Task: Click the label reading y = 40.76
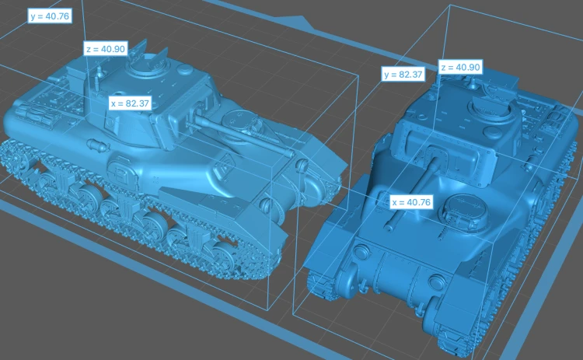tap(50, 16)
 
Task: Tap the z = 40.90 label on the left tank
tap(106, 49)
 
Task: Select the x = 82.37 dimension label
tap(130, 103)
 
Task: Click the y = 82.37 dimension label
tap(403, 75)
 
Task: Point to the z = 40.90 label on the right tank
tap(460, 67)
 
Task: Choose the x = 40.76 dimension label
tap(411, 202)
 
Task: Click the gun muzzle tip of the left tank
tap(291, 153)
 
